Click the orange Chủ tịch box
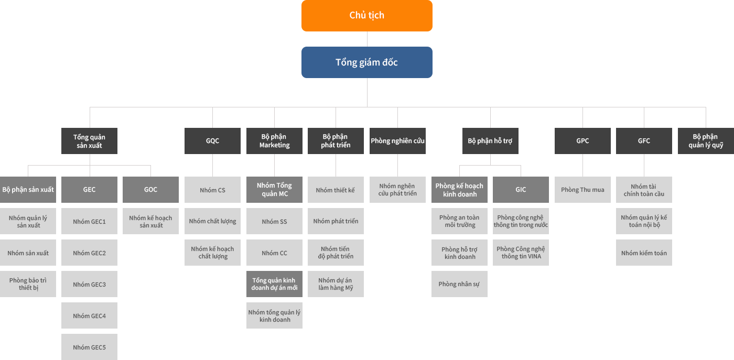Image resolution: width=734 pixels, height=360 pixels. (366, 15)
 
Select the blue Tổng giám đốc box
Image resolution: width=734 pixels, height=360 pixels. (366, 62)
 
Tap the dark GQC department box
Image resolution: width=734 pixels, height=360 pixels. (212, 141)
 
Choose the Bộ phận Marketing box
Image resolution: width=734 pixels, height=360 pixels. (274, 141)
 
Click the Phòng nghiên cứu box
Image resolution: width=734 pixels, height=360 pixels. (397, 141)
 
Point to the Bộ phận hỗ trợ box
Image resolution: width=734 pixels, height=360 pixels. (490, 141)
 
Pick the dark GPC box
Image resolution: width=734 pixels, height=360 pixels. (582, 141)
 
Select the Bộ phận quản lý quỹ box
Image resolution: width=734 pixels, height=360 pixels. (706, 141)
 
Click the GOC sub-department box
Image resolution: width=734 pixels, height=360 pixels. (151, 190)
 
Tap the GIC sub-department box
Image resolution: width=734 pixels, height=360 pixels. (521, 190)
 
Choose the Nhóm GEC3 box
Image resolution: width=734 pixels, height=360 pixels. (89, 284)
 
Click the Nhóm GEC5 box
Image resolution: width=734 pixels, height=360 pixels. (89, 347)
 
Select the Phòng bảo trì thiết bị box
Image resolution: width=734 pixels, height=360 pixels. (28, 284)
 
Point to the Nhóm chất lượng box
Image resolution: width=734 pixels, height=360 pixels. (212, 221)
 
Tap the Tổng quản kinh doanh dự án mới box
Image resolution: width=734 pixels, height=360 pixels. (274, 284)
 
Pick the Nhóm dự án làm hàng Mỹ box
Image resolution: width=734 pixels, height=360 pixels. (336, 284)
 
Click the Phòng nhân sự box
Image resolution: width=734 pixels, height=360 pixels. (459, 284)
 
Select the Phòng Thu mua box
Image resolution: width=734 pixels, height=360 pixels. (582, 190)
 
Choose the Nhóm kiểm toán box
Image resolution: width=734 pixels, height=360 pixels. (644, 253)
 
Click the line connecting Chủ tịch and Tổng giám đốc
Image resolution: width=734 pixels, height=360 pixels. (367, 39)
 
